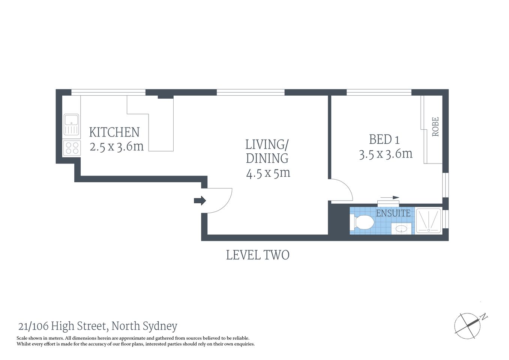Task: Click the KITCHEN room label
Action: tap(114, 132)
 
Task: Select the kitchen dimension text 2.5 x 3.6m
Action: tap(117, 146)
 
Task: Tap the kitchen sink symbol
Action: tap(71, 124)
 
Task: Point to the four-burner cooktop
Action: tap(71, 148)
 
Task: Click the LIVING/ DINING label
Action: tap(267, 151)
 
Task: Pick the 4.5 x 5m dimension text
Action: tap(268, 173)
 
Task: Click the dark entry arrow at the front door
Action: tap(200, 201)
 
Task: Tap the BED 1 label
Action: tap(384, 139)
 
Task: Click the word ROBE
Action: tap(435, 127)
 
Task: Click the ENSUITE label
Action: tap(393, 213)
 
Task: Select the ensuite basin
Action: tap(401, 228)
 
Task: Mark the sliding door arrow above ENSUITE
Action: tap(390, 197)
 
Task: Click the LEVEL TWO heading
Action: tap(258, 255)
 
